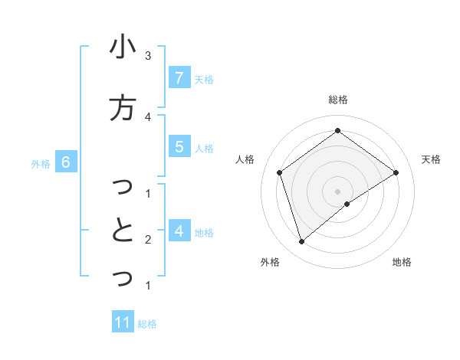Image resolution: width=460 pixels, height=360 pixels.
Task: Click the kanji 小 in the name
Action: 123,48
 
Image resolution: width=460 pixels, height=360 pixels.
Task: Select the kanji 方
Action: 123,108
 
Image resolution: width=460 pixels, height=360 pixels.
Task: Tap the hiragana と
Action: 123,230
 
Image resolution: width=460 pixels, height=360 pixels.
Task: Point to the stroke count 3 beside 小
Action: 148,55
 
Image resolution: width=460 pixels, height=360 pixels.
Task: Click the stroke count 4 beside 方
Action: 148,116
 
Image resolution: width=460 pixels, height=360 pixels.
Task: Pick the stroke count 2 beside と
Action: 148,240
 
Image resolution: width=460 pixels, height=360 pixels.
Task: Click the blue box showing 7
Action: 179,77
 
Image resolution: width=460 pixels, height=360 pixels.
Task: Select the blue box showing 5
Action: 179,146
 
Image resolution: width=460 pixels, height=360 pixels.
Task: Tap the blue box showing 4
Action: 179,231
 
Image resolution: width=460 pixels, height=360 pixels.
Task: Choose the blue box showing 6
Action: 66,162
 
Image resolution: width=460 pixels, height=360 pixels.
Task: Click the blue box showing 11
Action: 123,322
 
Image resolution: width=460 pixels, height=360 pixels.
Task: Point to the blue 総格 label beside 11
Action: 147,323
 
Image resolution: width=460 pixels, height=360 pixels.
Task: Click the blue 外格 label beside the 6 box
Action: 41,162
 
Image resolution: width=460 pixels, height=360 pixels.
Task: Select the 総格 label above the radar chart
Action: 338,100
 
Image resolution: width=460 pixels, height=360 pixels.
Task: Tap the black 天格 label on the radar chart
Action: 431,159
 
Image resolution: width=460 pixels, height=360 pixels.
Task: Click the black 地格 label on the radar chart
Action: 402,262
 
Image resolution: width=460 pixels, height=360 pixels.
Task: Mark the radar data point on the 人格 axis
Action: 280,172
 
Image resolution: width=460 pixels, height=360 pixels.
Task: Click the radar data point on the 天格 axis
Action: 396,172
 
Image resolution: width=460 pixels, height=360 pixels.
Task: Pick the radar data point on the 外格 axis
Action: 302,242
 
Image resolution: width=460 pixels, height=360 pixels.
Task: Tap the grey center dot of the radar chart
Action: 338,191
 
